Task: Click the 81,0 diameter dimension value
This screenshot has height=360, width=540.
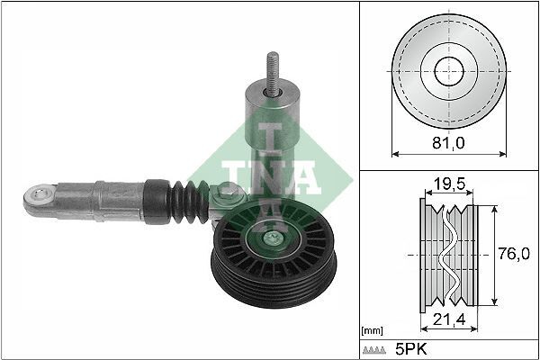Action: pos(447,141)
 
